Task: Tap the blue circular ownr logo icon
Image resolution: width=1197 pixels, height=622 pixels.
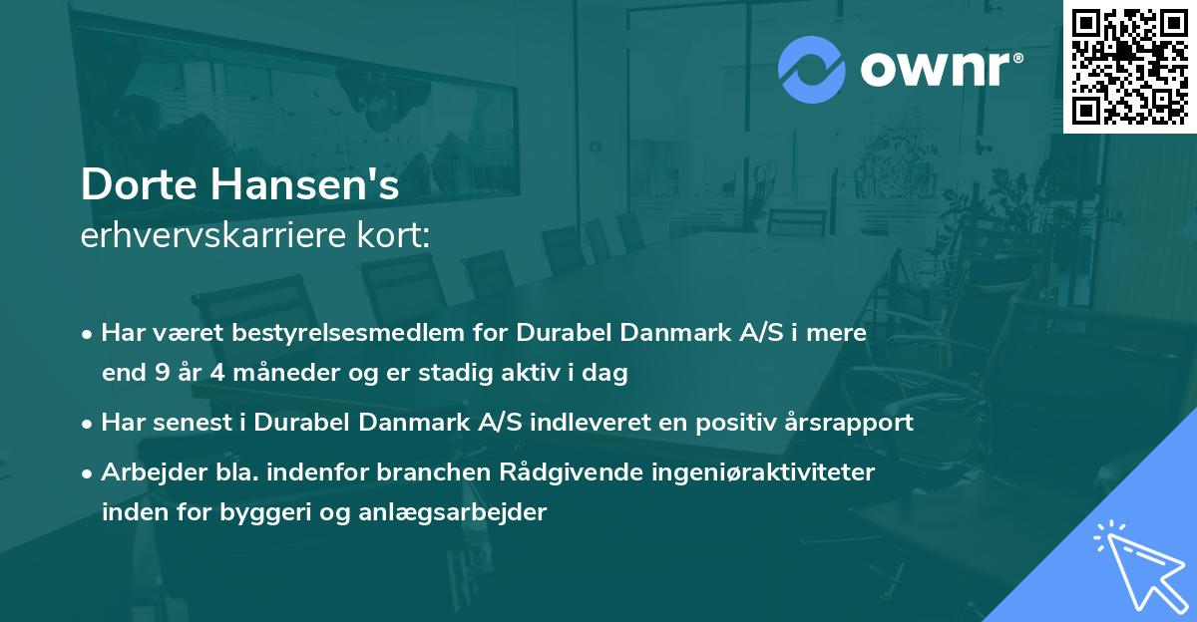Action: pyautogui.click(x=811, y=70)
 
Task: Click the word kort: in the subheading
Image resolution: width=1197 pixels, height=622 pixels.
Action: pyautogui.click(x=395, y=236)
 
